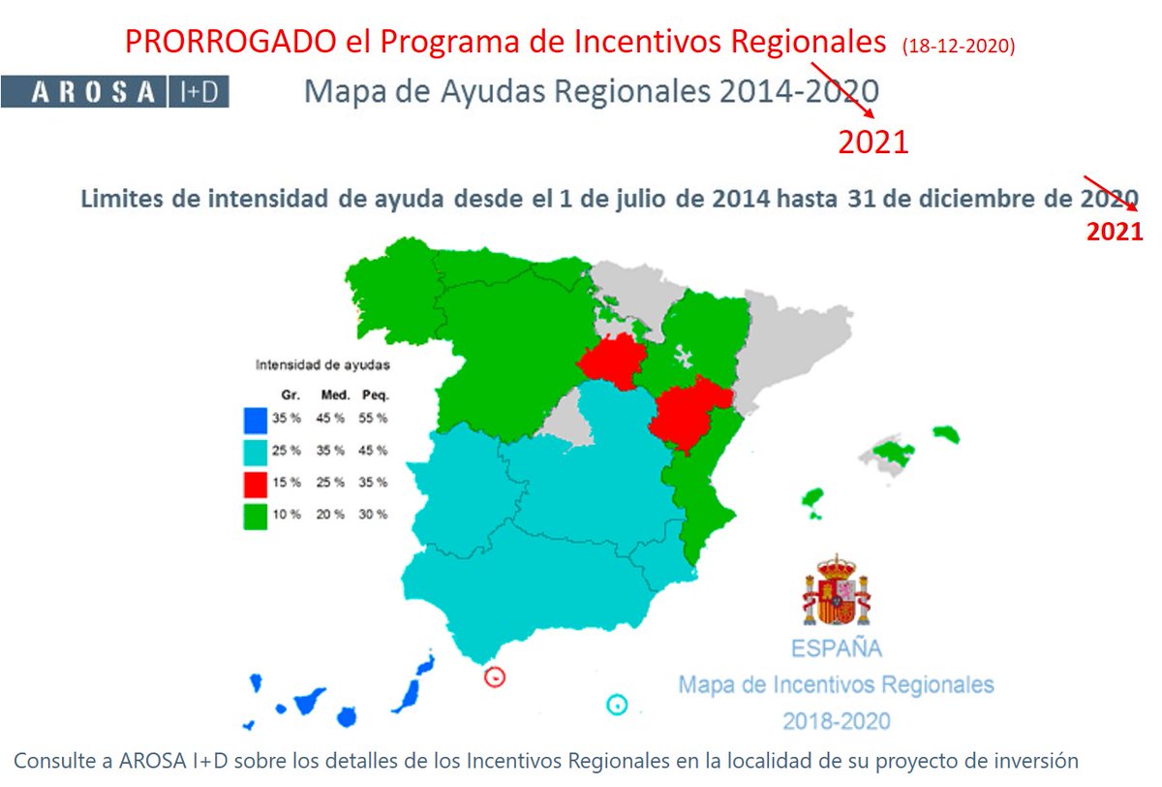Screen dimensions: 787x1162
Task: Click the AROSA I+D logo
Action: point(114,92)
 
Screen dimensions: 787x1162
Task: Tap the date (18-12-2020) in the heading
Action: point(957,46)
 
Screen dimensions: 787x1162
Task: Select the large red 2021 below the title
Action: point(872,142)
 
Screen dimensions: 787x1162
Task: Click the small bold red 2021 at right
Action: point(1114,233)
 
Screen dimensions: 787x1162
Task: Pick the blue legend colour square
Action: point(256,420)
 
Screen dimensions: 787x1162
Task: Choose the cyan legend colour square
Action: point(256,452)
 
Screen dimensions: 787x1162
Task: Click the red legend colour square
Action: point(256,483)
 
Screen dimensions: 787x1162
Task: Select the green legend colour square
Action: point(256,515)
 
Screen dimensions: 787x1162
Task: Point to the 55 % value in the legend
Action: point(375,419)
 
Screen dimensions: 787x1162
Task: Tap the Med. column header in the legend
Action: point(333,395)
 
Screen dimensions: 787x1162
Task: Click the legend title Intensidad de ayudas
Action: point(321,365)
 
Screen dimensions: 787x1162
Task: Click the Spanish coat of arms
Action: point(836,590)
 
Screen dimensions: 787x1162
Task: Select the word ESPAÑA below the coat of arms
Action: point(837,647)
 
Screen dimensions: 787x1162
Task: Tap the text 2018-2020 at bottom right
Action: point(837,721)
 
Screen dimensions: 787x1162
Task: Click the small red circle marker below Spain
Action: point(495,677)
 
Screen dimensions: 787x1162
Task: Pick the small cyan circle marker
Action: point(616,705)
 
